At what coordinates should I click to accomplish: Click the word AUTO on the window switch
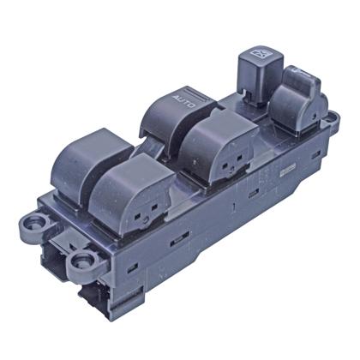coord(184,102)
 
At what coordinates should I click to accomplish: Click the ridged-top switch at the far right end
coord(298,100)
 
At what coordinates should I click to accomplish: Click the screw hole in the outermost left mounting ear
coord(36,223)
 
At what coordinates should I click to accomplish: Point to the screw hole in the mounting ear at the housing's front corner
coord(84,261)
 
